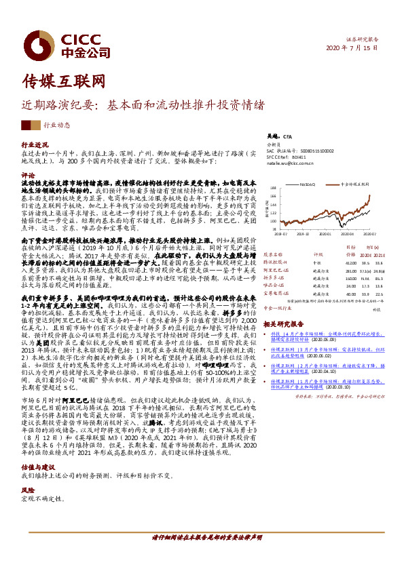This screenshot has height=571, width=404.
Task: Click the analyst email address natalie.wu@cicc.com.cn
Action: tap(285, 163)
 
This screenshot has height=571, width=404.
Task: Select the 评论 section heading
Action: tap(29, 174)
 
